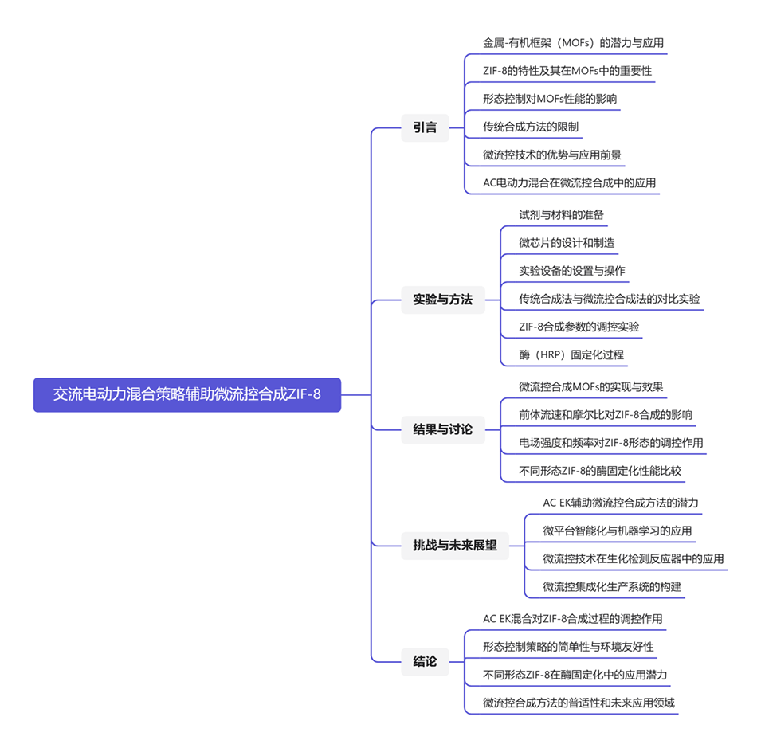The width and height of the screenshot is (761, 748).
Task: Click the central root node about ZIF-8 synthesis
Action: [x=186, y=394]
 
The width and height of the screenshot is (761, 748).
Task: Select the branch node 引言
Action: [x=425, y=127]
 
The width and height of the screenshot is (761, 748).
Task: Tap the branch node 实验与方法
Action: [x=442, y=300]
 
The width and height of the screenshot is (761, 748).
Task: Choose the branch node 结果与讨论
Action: [x=442, y=429]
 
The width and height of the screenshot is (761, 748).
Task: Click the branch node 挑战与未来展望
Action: [x=454, y=546]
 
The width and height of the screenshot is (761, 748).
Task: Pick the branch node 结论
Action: [x=425, y=660]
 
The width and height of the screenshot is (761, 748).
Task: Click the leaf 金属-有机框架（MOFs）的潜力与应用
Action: [x=573, y=43]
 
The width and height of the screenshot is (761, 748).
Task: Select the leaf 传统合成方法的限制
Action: [x=531, y=127]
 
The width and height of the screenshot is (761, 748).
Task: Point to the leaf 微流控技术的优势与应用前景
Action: [x=552, y=155]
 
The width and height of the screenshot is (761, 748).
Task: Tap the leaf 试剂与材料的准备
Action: [x=561, y=214]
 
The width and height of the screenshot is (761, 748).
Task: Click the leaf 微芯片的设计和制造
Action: [x=567, y=242]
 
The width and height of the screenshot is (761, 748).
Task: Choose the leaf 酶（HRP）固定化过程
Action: [x=571, y=354]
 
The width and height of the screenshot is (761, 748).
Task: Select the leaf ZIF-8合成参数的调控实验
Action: [x=579, y=327]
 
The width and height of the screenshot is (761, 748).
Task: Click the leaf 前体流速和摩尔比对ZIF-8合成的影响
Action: [x=606, y=414]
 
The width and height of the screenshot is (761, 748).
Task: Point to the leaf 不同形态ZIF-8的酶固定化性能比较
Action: [x=600, y=470]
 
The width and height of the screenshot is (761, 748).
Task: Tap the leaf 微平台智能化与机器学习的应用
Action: [x=618, y=531]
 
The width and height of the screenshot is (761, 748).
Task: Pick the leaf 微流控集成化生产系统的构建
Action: [x=612, y=587]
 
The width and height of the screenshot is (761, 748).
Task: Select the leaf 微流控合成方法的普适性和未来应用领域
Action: [x=579, y=703]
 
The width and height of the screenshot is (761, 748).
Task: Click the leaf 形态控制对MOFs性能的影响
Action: [x=550, y=99]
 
